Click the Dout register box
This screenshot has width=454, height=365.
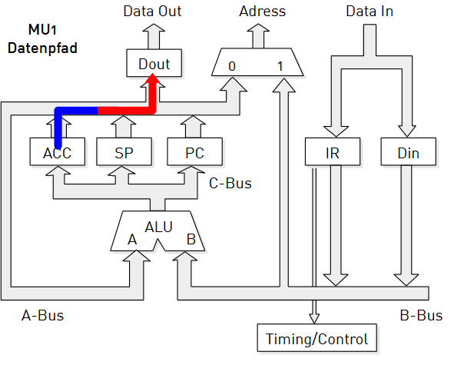click(154, 63)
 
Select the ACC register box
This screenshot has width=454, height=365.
click(58, 152)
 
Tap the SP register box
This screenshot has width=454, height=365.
click(124, 152)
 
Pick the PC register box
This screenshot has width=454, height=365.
click(195, 152)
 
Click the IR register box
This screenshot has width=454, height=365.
click(333, 152)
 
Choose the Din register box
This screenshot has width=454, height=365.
click(408, 152)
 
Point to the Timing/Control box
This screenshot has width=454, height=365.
click(317, 338)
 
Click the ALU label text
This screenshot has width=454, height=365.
click(159, 227)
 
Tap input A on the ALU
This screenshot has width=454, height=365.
click(132, 240)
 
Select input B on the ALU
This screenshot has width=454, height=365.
click(191, 240)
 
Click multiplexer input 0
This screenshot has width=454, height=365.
click(232, 66)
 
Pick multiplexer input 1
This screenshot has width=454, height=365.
click(280, 66)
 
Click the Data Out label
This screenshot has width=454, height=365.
click(153, 12)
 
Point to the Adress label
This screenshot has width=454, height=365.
click(262, 12)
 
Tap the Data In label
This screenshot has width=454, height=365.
click(369, 12)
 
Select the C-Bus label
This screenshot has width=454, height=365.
click(230, 184)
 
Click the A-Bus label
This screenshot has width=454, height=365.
click(42, 315)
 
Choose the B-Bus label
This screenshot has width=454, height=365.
click(421, 315)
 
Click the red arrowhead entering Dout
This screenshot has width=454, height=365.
click(152, 79)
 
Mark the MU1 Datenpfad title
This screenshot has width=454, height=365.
click(42, 39)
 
